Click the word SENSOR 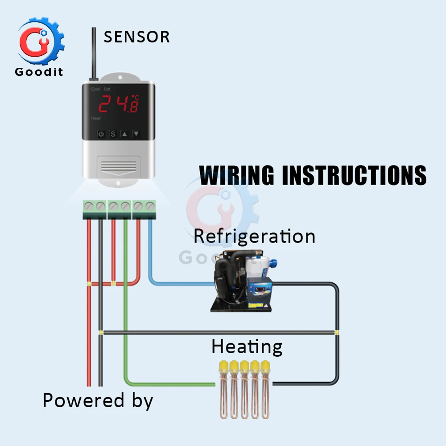136,37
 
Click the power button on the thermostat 101,134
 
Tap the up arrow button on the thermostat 124,134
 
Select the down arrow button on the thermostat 136,134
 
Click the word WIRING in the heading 236,175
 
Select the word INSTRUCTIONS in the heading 354,175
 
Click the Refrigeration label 254,236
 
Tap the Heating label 247,347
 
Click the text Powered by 98,401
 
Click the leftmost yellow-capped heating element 223,388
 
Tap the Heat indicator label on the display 96,119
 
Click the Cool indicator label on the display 95,89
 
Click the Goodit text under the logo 39,71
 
